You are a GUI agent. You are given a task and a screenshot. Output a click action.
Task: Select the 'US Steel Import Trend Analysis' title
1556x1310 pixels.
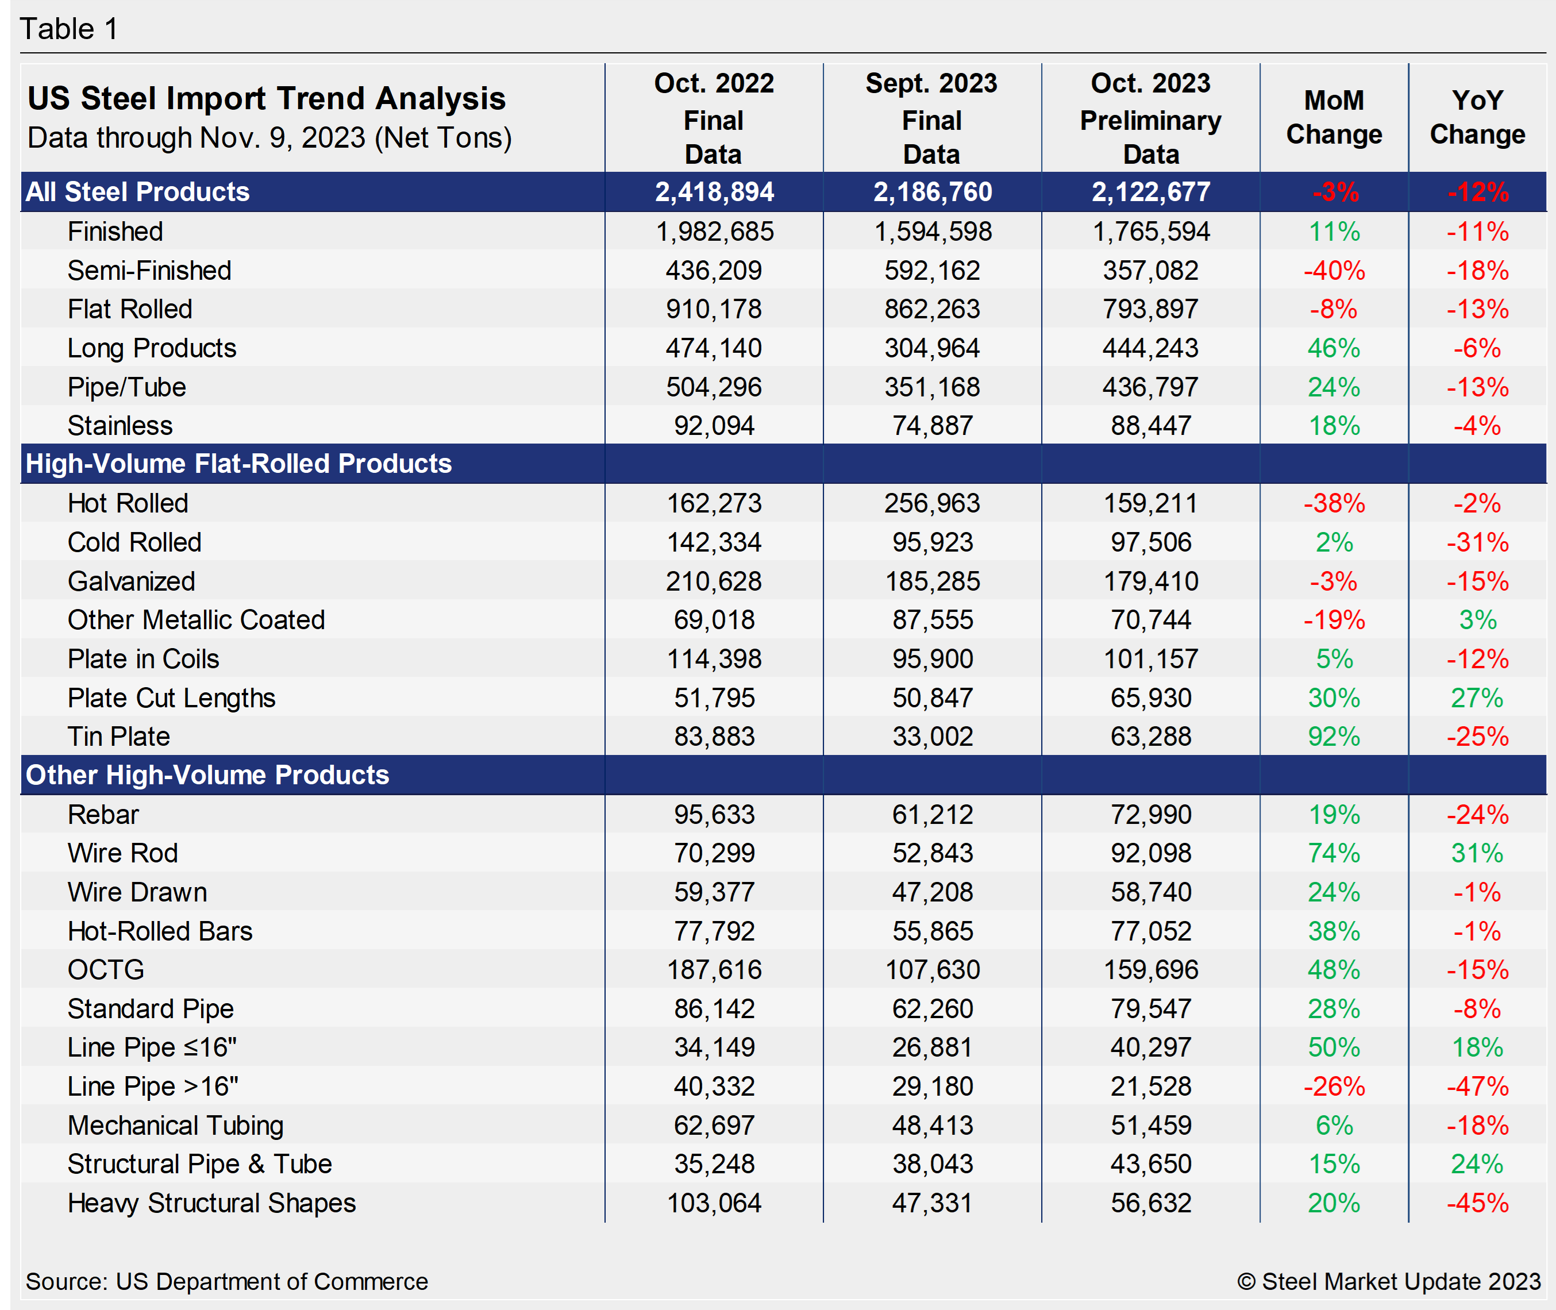click(x=266, y=99)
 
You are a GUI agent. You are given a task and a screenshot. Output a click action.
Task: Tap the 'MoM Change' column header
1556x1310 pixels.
click(x=1334, y=117)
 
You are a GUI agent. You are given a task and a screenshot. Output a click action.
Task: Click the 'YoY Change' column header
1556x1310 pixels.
click(x=1477, y=117)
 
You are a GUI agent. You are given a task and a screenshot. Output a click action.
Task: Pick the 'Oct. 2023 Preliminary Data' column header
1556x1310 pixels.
click(x=1150, y=119)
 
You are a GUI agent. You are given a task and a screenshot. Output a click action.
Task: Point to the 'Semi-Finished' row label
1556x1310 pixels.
click(x=149, y=270)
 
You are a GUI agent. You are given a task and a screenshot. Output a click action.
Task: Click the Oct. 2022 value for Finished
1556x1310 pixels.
click(x=714, y=232)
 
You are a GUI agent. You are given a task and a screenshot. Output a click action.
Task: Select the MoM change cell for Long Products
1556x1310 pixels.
click(x=1334, y=348)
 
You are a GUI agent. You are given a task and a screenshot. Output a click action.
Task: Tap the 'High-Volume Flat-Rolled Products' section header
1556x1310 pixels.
click(x=238, y=464)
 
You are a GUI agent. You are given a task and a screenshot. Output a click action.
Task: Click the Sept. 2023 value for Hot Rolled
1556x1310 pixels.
click(x=931, y=503)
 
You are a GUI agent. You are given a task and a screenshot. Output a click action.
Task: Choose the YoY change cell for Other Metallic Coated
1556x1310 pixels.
click(x=1477, y=620)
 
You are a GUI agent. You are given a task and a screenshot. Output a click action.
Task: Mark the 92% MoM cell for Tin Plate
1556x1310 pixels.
click(x=1334, y=737)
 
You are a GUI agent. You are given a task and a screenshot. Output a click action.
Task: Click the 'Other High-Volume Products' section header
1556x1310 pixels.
click(x=207, y=775)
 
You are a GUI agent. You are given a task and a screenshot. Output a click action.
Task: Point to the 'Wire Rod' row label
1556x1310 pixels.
click(x=122, y=853)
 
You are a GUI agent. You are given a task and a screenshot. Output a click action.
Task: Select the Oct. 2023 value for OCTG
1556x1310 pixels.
click(x=1150, y=970)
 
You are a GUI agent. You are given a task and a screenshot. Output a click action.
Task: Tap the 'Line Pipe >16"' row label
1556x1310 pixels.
click(x=152, y=1086)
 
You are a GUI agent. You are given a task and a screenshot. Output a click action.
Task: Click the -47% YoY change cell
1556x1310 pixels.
click(x=1477, y=1086)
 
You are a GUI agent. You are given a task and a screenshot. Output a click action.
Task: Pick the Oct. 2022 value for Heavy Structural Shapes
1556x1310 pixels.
click(x=714, y=1203)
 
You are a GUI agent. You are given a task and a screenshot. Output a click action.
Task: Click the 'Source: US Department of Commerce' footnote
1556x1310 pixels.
click(x=226, y=1282)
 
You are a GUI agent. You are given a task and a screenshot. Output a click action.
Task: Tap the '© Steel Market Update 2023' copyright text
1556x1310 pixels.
click(x=1388, y=1282)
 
